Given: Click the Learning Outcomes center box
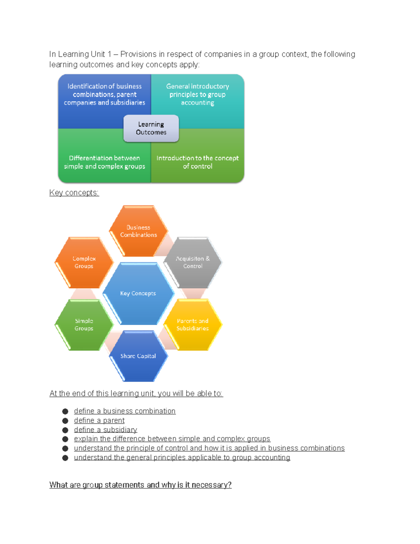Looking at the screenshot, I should tap(151, 128).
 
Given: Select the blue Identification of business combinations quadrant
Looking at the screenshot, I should tap(104, 95).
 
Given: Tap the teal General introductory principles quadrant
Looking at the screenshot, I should tap(197, 95).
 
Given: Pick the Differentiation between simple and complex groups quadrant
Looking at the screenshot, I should tap(104, 162).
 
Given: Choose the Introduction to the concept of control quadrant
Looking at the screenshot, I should tap(197, 162).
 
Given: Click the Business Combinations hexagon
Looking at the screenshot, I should tap(139, 231).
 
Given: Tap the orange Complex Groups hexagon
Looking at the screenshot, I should tap(84, 262).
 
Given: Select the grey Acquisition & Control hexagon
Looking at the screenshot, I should tap(193, 262).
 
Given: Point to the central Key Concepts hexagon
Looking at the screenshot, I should tap(138, 294).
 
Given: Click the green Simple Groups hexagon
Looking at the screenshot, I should tap(84, 325).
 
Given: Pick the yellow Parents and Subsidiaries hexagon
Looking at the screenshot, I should tap(192, 325).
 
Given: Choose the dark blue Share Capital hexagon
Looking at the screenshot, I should tap(138, 356).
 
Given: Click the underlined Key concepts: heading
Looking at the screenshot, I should tap(74, 193).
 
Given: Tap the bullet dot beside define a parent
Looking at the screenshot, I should tap(65, 421).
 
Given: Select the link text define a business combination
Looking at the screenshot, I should tap(125, 411).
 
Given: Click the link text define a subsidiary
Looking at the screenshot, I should tap(105, 430).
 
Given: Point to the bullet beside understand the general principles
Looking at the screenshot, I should tap(65, 458).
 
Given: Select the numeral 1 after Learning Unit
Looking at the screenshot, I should tap(109, 54).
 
